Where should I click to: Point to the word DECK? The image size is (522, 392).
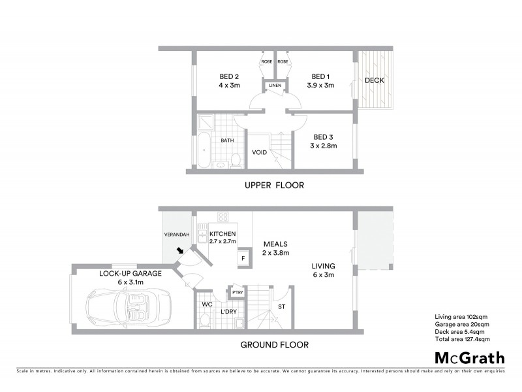pyautogui.click(x=375, y=81)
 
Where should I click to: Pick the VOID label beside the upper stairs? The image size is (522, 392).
pyautogui.click(x=259, y=152)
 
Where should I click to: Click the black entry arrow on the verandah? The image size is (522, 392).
pyautogui.click(x=179, y=250)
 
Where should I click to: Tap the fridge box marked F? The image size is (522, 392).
pyautogui.click(x=243, y=257)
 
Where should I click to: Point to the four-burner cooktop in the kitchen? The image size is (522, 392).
pyautogui.click(x=223, y=218)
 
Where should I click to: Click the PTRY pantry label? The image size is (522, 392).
pyautogui.click(x=237, y=292)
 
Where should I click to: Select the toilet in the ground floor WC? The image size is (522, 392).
pyautogui.click(x=205, y=319)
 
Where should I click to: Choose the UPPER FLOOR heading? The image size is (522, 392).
pyautogui.click(x=274, y=185)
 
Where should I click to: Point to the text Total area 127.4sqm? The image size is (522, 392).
pyautogui.click(x=462, y=340)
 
